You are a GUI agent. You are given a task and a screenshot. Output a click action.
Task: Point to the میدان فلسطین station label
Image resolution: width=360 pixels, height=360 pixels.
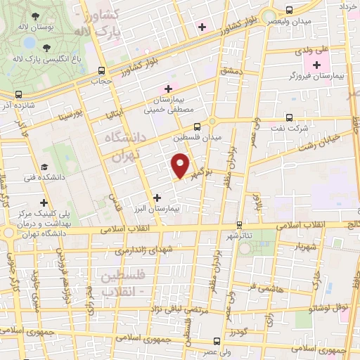click(198, 138)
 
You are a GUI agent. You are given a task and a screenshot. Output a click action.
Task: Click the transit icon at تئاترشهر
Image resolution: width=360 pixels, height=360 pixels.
click(240, 225)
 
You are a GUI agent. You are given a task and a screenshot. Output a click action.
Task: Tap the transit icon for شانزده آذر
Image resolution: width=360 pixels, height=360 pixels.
click(18, 94)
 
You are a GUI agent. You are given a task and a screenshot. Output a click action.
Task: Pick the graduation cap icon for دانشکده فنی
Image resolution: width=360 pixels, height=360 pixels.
click(44, 167)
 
